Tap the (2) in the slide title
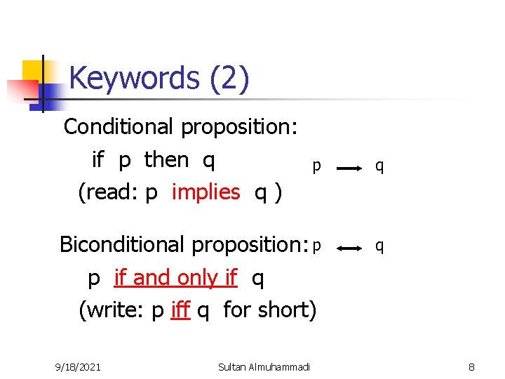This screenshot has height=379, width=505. (x=229, y=79)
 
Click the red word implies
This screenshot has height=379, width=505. (x=206, y=192)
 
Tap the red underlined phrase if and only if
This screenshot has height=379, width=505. (x=175, y=278)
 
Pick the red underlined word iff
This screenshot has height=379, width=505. (x=180, y=310)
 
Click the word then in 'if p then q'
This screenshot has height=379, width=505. (x=166, y=160)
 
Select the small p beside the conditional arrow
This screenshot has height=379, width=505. (x=317, y=166)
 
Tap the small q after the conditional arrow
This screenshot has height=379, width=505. (x=379, y=166)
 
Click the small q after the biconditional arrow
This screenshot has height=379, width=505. (x=379, y=246)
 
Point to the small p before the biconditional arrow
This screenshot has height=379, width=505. (x=317, y=246)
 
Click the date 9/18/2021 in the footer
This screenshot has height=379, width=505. (x=78, y=366)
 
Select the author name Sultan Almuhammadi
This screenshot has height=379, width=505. (x=264, y=366)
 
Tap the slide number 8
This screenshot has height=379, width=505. (x=472, y=366)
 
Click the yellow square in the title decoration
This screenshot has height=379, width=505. (x=33, y=71)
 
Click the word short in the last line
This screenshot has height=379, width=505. (x=285, y=310)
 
